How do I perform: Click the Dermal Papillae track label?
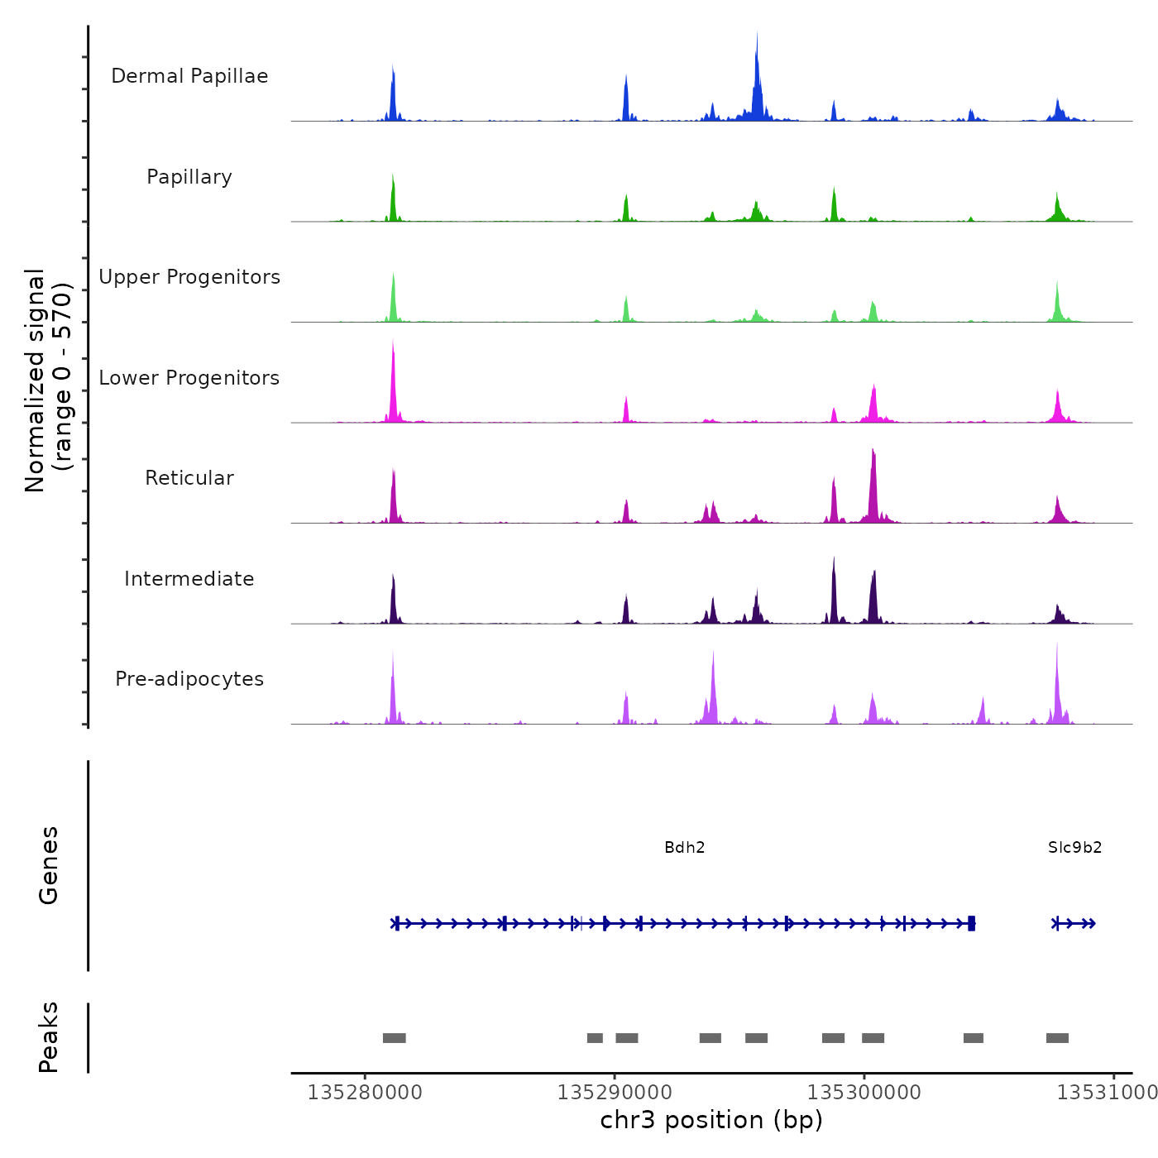click(189, 76)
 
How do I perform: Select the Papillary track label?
click(189, 177)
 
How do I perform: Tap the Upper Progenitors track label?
click(189, 277)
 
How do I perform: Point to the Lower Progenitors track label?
click(189, 378)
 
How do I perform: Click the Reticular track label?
click(189, 478)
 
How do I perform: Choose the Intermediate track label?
click(189, 579)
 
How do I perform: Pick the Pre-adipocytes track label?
click(189, 679)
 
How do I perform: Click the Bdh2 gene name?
click(685, 847)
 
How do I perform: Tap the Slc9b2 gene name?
click(1074, 847)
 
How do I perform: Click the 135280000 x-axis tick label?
click(365, 1093)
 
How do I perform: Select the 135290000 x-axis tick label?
click(615, 1093)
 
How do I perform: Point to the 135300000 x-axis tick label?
click(864, 1093)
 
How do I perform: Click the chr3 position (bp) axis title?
click(711, 1120)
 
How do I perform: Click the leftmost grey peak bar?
click(394, 1038)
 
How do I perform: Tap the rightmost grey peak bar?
click(1057, 1038)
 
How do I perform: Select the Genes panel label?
click(49, 865)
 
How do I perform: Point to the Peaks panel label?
click(49, 1037)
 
